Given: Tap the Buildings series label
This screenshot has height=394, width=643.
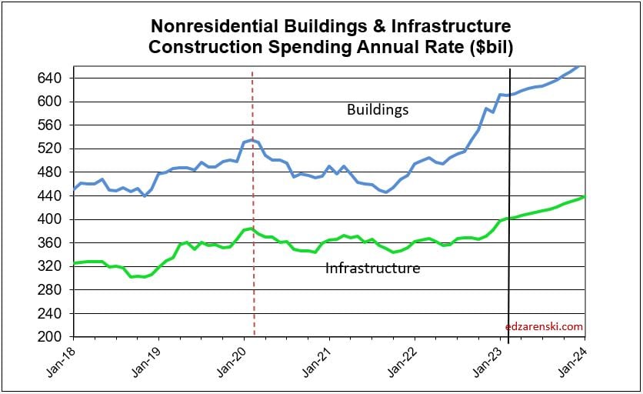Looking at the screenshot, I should (x=377, y=110).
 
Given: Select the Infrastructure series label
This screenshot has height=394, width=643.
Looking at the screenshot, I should (x=372, y=269).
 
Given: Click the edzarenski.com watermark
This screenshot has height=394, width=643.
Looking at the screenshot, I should (x=545, y=326).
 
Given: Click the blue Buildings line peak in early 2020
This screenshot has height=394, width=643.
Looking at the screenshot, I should (x=252, y=140).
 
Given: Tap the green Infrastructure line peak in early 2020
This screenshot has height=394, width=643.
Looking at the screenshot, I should (x=251, y=229).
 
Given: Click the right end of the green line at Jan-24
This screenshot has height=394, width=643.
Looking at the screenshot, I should (x=584, y=197).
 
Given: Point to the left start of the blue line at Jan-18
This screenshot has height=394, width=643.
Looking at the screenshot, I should (x=75, y=189).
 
